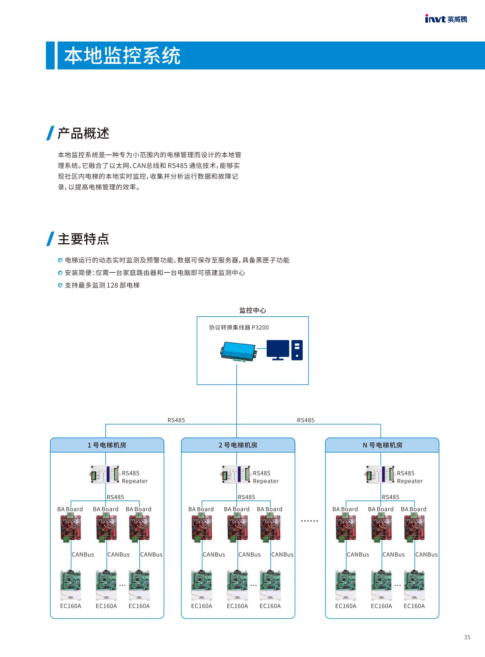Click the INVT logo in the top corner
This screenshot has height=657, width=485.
point(446,19)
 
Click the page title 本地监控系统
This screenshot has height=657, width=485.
point(122,56)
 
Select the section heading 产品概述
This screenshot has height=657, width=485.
point(83,133)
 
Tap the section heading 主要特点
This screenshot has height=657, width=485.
point(83,239)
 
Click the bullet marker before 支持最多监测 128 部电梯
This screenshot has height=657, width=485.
point(60,286)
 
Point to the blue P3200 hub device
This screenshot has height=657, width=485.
point(238,351)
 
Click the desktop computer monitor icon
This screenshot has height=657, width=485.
point(278,350)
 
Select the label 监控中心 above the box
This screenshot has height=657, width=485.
point(252,310)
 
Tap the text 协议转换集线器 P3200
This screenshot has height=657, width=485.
point(239,327)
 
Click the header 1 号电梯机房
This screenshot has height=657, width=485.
point(107,445)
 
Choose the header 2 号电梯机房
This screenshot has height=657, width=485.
point(238,445)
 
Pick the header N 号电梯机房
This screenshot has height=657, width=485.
point(383,445)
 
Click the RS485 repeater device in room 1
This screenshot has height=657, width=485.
point(105,474)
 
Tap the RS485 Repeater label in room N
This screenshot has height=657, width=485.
point(410,477)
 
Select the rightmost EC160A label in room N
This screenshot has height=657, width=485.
point(414,606)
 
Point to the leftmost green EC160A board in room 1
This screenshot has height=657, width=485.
point(70,585)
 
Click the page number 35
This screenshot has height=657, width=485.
point(467,637)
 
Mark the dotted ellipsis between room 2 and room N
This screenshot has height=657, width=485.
point(310,521)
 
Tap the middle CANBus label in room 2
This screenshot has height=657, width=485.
point(249,554)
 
